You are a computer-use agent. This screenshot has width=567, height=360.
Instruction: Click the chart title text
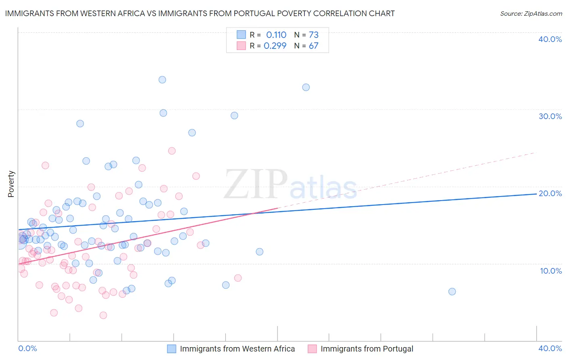click(x=200, y=13)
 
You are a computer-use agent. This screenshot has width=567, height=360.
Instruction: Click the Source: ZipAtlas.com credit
click(x=531, y=13)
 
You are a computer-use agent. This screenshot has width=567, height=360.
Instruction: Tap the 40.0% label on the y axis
click(x=550, y=39)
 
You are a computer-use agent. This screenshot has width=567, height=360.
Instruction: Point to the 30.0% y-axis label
click(x=550, y=116)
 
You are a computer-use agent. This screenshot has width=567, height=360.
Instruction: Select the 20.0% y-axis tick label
click(x=550, y=193)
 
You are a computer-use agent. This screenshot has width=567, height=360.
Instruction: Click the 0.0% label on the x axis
click(x=28, y=348)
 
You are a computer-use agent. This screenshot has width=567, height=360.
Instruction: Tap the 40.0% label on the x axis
click(x=550, y=348)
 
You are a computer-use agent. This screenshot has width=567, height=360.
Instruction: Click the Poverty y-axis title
click(x=11, y=184)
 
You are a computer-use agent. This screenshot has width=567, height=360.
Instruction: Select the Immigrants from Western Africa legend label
click(x=237, y=349)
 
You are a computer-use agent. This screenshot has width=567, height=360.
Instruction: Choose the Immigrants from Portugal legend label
click(x=367, y=349)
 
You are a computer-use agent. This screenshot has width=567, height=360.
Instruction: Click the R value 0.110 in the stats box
click(x=276, y=35)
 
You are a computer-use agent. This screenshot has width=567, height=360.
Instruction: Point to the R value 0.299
click(x=275, y=46)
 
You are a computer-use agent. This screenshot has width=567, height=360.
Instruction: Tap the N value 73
click(x=314, y=35)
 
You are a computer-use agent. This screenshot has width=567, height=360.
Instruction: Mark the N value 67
click(x=314, y=46)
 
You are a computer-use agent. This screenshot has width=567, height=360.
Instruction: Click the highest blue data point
click(x=162, y=80)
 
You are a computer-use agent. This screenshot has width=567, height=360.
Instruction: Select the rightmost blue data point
click(x=452, y=291)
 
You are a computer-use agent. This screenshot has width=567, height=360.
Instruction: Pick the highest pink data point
click(x=172, y=151)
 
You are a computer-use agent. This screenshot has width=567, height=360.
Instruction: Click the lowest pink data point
click(x=103, y=315)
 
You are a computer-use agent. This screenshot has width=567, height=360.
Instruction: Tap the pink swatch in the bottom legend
click(x=312, y=349)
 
